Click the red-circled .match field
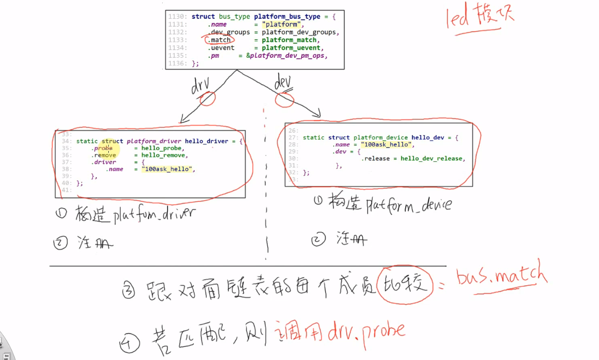point(220,40)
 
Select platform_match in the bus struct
point(289,40)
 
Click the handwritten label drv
point(201,86)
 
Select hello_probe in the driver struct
point(162,148)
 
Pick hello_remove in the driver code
point(164,155)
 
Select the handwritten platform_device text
point(408,205)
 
